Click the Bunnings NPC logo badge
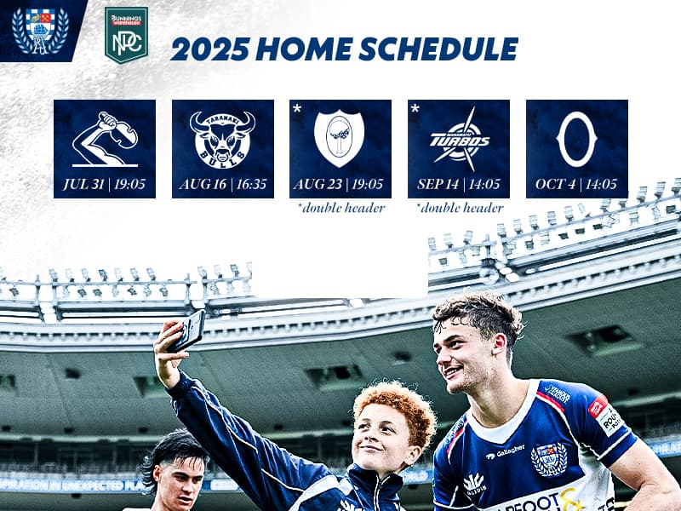126,35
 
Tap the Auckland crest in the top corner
40,31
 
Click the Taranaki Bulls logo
222,138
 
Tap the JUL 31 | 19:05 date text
105,184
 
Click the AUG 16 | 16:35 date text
223,184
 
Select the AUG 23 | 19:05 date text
340,184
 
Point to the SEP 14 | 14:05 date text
459,184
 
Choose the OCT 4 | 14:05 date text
576,184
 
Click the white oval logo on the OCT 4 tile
576,139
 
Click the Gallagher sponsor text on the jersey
509,451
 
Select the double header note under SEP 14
460,208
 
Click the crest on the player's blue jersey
549,459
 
